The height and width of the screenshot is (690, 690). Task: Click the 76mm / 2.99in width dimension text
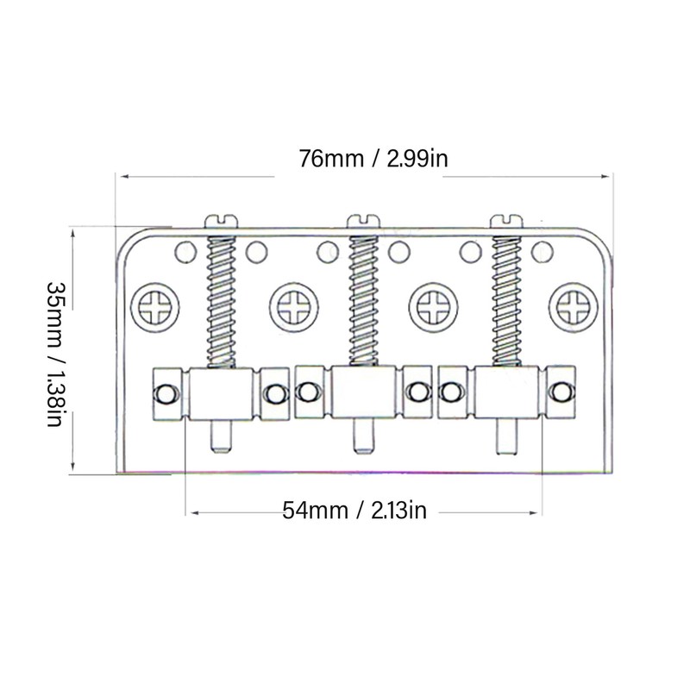(x=360, y=159)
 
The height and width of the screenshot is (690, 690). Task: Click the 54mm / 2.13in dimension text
(x=354, y=510)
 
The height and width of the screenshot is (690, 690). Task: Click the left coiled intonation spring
(x=222, y=298)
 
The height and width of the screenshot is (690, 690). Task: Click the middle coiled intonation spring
(x=363, y=298)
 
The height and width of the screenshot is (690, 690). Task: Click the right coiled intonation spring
(x=506, y=298)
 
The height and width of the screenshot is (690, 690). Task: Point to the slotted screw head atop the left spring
(x=222, y=219)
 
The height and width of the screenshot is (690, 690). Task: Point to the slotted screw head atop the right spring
(x=506, y=219)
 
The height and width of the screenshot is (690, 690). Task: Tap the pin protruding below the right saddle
(x=505, y=436)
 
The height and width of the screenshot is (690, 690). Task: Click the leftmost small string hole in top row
(x=184, y=252)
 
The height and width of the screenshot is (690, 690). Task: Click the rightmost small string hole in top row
(x=542, y=252)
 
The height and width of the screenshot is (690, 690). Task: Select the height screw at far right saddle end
(x=562, y=393)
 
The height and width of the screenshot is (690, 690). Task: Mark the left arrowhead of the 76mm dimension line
(x=123, y=176)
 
